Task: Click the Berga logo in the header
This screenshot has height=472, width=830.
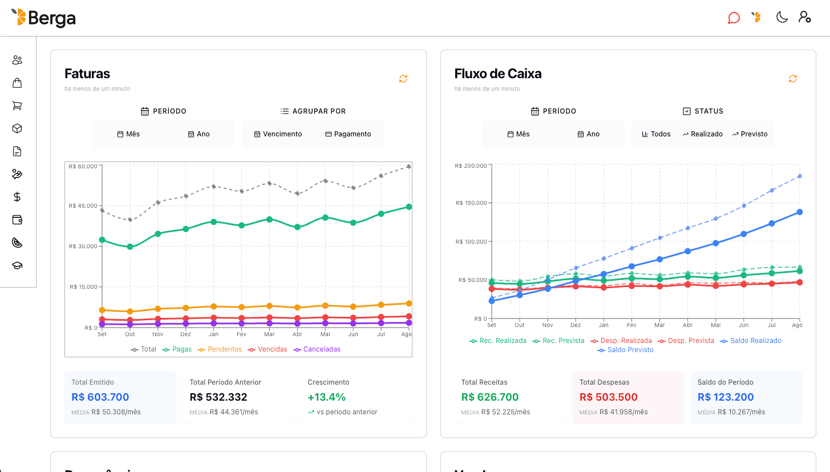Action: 43,18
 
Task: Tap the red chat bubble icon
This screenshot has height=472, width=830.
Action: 734,18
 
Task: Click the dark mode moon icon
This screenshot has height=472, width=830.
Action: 782,17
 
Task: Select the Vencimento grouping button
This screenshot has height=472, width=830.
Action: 278,134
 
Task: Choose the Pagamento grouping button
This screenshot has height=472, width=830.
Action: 348,134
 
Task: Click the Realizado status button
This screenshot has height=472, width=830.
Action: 702,134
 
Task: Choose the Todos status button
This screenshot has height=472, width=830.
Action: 656,134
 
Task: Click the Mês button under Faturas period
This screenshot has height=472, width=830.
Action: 128,134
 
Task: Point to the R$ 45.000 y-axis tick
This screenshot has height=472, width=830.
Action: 83,205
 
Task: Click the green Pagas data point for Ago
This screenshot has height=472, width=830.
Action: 409,207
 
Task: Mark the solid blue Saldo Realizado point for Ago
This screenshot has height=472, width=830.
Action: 800,212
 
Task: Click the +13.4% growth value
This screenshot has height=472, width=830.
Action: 326,397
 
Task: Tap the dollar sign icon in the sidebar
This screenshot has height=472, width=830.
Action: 17,197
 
